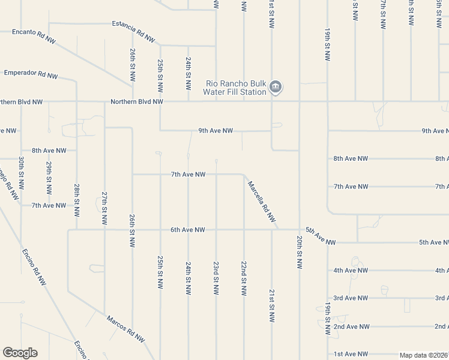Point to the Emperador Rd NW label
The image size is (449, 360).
(31, 74)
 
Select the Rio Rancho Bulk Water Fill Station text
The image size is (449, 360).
(235, 88)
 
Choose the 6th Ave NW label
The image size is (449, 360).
(188, 230)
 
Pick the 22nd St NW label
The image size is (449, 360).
(244, 278)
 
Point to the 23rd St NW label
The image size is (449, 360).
(216, 278)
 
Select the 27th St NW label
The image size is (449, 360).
(104, 208)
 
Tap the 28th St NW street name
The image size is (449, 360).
(77, 200)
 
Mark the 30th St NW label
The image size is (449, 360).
(21, 173)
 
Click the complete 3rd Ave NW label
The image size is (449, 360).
(351, 298)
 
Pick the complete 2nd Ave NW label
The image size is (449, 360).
(351, 327)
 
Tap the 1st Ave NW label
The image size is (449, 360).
(351, 355)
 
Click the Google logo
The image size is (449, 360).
(20, 353)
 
